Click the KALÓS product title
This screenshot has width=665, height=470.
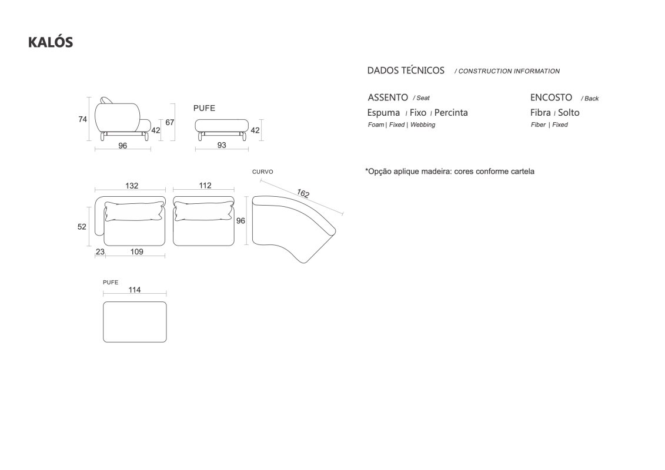tap(51, 42)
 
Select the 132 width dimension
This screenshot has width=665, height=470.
tap(132, 186)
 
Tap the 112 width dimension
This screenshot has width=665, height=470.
tap(205, 185)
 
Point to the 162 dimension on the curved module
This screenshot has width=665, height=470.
tap(303, 193)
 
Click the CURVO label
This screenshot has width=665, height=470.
tap(262, 172)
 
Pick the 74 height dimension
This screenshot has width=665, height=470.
tap(83, 119)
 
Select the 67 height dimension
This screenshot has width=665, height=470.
tap(170, 122)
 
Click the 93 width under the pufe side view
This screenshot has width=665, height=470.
tap(222, 145)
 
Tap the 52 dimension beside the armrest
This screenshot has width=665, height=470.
tap(82, 227)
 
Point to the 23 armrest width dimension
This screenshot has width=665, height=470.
tap(100, 251)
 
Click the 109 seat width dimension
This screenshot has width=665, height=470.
tap(136, 251)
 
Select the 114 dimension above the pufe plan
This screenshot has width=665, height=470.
tap(135, 290)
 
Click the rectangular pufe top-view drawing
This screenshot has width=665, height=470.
tap(135, 322)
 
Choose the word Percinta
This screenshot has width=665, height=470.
tap(451, 113)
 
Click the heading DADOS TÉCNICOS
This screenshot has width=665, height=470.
tap(406, 70)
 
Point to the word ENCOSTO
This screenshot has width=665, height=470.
tap(551, 98)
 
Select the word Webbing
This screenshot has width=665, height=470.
tap(422, 125)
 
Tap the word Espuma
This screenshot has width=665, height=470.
tap(383, 113)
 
